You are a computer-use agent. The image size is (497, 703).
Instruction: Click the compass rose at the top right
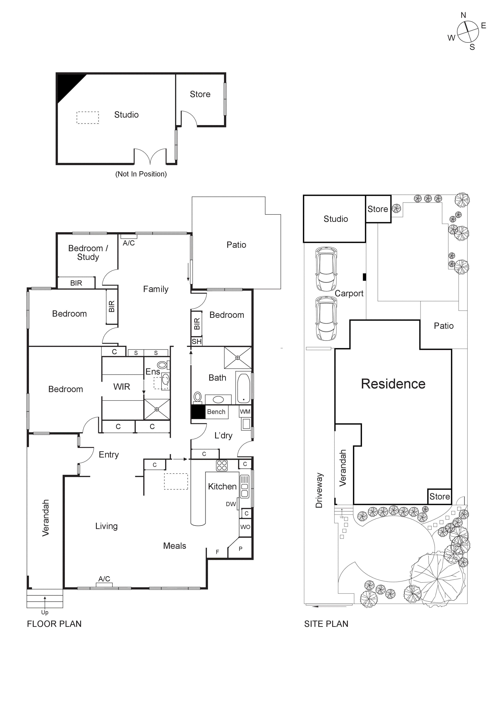[468, 32]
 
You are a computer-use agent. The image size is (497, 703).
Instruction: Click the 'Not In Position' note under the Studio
[141, 174]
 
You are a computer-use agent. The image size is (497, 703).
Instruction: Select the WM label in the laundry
[245, 412]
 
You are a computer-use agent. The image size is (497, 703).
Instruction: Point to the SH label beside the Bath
[197, 341]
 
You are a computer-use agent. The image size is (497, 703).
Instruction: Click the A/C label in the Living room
[104, 579]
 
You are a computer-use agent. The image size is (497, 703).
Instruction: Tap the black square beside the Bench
[198, 412]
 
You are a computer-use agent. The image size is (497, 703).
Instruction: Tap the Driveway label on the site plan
[319, 490]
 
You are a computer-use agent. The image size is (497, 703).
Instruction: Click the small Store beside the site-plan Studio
[378, 209]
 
